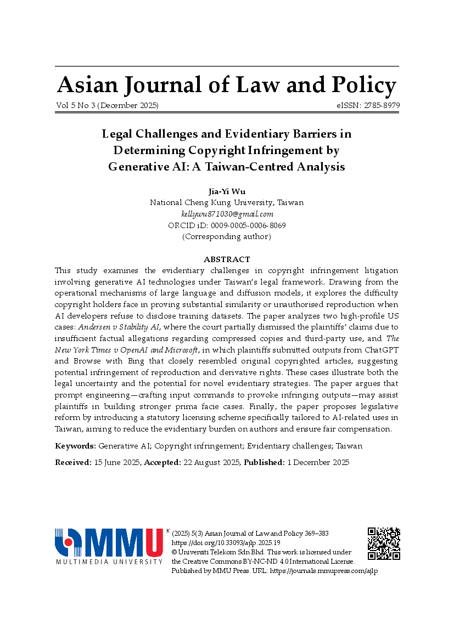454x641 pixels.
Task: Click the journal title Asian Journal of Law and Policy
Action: (227, 86)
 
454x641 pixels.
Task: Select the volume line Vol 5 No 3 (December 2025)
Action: (107, 105)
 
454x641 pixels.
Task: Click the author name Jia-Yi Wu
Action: (227, 191)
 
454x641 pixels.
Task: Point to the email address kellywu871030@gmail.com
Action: (227, 214)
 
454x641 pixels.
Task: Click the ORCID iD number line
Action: (227, 225)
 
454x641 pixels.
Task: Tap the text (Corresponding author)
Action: (227, 237)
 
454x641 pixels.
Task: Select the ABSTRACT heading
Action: (227, 259)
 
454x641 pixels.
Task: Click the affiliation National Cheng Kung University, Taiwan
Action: (227, 202)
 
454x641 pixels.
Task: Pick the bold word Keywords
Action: (75, 446)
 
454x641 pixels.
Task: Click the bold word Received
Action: (73, 462)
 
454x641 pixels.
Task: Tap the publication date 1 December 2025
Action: (318, 462)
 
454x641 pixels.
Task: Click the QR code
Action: (384, 543)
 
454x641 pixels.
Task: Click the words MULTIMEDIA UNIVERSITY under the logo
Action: (109, 561)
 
